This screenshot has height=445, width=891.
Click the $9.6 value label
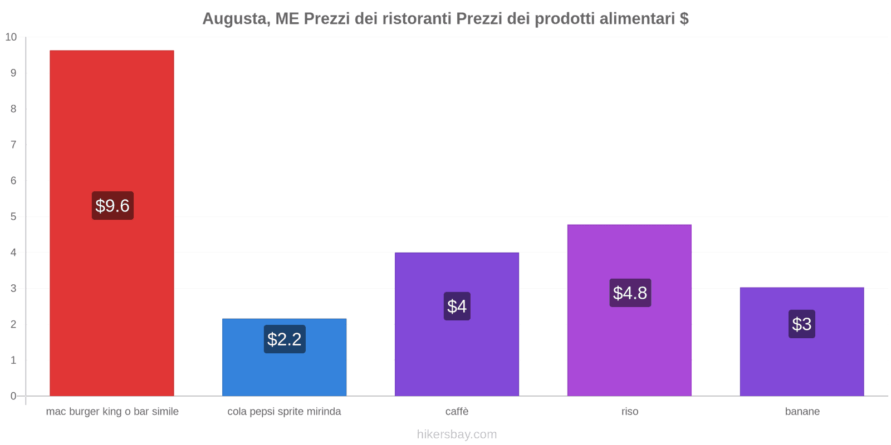point(112,206)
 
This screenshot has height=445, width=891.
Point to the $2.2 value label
point(285,339)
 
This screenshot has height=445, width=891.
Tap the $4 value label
point(457,306)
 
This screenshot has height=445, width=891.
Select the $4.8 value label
point(630,293)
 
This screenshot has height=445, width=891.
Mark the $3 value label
point(802,324)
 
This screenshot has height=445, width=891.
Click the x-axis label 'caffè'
point(457,412)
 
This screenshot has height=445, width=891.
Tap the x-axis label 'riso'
point(630,412)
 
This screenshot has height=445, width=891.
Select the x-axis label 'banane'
point(802,412)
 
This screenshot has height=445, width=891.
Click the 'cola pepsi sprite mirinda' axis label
point(284,412)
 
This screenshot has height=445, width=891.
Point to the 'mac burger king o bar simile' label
point(112,412)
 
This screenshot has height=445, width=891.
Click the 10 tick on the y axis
point(11,37)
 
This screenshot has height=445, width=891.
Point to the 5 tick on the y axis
point(13,216)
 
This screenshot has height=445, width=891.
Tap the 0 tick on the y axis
point(13,396)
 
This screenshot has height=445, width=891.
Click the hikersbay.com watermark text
point(457,434)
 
